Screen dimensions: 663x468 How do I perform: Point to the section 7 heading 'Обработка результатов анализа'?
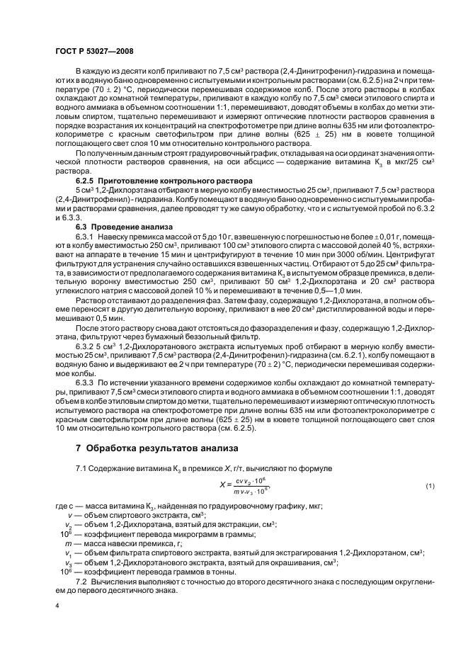coord(161,448)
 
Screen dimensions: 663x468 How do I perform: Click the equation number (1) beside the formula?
coord(429,484)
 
